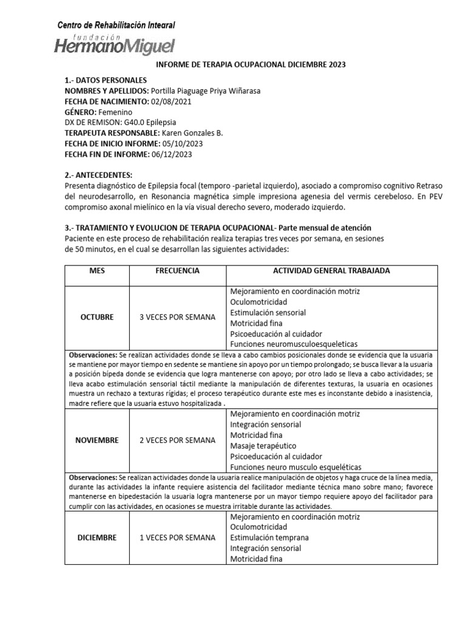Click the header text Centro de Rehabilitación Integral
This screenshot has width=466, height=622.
tap(116, 25)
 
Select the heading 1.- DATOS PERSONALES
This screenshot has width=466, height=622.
tap(105, 80)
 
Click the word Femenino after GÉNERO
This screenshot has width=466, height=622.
tap(115, 112)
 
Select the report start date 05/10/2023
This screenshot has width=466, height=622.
tap(182, 143)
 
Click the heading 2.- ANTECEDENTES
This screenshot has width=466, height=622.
tap(98, 175)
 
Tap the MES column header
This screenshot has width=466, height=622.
tap(97, 271)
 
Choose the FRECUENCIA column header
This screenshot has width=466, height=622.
tap(177, 271)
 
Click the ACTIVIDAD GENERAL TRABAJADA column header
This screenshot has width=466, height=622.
tap(331, 271)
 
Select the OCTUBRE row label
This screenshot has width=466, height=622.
tap(97, 317)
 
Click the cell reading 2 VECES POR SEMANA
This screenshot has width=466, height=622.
tap(177, 440)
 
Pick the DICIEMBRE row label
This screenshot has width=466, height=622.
tap(97, 538)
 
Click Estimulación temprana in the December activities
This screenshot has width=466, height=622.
tap(269, 538)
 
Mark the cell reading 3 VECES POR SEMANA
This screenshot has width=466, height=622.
tap(177, 317)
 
